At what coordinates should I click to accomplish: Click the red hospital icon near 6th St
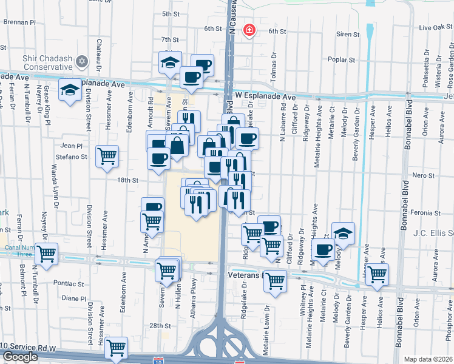pyautogui.click(x=248, y=30)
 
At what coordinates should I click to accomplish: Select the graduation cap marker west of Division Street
pyautogui.click(x=70, y=90)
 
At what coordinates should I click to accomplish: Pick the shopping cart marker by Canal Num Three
pyautogui.click(x=46, y=254)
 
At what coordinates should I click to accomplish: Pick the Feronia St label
pyautogui.click(x=425, y=214)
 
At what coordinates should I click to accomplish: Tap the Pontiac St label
pyautogui.click(x=68, y=283)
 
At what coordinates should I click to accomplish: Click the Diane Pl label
pyautogui.click(x=75, y=298)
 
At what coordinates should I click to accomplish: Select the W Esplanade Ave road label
pyautogui.click(x=266, y=96)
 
